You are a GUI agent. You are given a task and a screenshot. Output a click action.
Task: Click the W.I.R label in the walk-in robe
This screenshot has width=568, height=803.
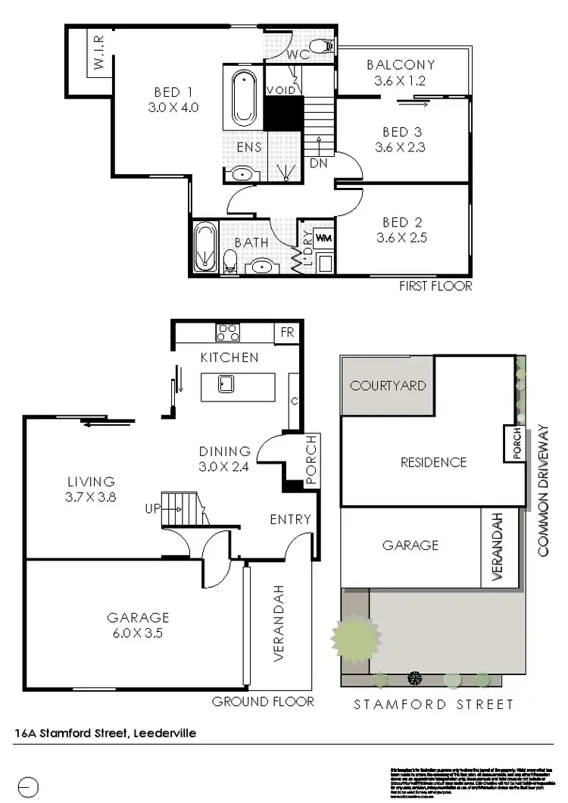coord(98,53)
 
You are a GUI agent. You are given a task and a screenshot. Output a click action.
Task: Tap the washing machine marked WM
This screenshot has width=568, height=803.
coord(323,239)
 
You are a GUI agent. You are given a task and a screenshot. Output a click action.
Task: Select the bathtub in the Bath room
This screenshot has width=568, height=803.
coord(204,247)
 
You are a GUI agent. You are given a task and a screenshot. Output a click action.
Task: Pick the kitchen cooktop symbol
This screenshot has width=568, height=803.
coord(228,331)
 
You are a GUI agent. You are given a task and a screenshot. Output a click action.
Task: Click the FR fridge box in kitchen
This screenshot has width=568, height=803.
coord(288,332)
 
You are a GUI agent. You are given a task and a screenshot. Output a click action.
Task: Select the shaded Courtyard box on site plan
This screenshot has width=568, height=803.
coord(387,386)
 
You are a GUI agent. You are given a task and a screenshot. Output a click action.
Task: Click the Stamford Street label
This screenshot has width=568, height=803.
coord(434,704)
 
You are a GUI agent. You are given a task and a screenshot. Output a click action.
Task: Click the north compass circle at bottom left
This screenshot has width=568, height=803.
coord(27,786)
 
